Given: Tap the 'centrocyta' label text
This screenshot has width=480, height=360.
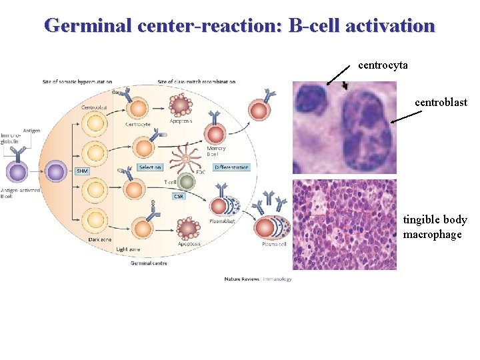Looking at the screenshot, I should point(383,65).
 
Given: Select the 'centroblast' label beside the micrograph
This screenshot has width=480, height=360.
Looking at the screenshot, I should point(441,103).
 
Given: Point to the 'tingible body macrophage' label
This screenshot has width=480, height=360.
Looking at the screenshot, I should point(435,227).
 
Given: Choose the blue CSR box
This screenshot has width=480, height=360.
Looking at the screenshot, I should point(178,196).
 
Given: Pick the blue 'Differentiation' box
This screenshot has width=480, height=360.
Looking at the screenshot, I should point(231,167).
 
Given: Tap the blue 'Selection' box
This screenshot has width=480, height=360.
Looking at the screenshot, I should point(150,167).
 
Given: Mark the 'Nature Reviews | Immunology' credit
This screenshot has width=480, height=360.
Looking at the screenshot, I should point(258,279).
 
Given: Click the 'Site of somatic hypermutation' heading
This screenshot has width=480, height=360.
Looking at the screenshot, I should point(77,82).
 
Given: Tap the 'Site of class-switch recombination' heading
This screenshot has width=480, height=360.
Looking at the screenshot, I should point(197,82).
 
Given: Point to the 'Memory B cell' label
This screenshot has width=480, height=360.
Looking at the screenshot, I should point(216,151).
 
